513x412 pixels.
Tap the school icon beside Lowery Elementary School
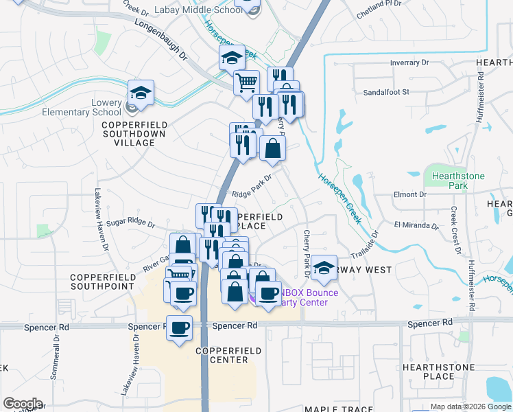141,93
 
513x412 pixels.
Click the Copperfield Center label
228,355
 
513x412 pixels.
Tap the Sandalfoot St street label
385,91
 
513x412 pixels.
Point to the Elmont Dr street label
409,194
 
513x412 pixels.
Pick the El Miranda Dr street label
416,225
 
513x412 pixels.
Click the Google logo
22,404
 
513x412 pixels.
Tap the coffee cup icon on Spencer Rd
179,329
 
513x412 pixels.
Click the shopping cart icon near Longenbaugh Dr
246,83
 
